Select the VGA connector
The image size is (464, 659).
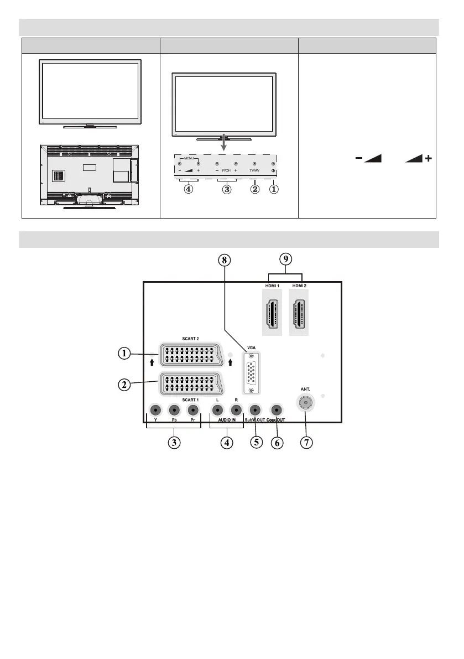pyautogui.click(x=251, y=373)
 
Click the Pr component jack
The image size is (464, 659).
pyautogui.click(x=192, y=411)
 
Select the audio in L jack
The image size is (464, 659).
pyautogui.click(x=218, y=411)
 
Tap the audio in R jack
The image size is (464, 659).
pyautogui.click(x=236, y=411)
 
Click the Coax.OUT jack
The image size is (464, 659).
pyautogui.click(x=275, y=411)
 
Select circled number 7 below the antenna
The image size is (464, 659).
pyautogui.click(x=305, y=444)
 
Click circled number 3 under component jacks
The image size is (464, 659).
pyautogui.click(x=174, y=444)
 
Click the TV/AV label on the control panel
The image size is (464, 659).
pyautogui.click(x=254, y=171)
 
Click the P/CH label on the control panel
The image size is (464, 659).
pyautogui.click(x=226, y=171)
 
